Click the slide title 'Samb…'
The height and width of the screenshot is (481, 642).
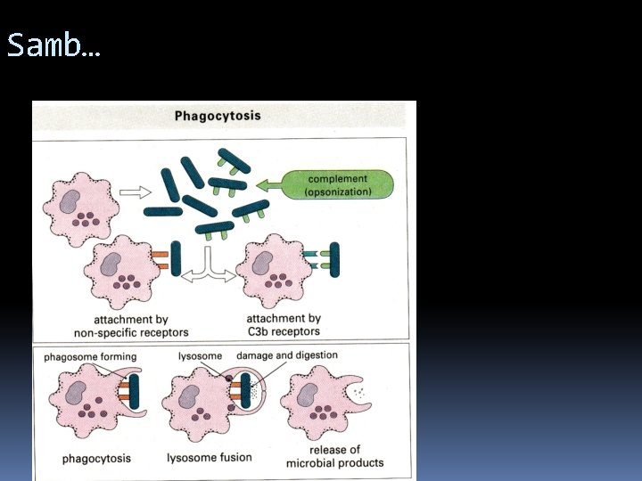click(53, 45)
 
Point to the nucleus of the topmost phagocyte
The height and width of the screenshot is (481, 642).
click(72, 196)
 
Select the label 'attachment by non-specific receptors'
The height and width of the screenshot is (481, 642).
click(132, 326)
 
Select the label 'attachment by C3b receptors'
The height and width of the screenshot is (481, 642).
click(283, 325)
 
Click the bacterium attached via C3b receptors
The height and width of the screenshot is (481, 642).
click(335, 260)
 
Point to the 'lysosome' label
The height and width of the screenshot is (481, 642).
click(200, 356)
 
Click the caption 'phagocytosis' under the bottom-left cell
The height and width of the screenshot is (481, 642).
click(96, 460)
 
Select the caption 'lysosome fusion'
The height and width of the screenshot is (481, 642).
click(209, 459)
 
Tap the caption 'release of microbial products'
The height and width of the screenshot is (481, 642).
click(335, 456)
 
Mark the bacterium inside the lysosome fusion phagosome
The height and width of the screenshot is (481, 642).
click(244, 393)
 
